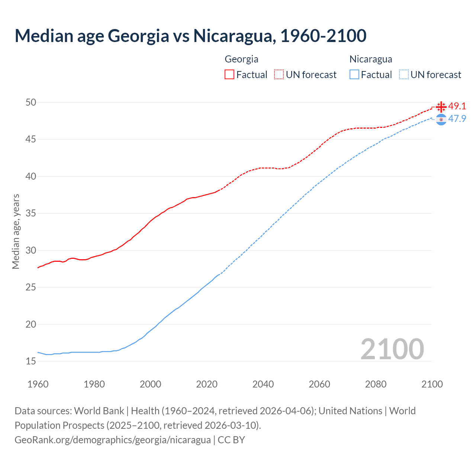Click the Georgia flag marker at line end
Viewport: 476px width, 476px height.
441,107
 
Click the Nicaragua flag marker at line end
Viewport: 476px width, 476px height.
441,119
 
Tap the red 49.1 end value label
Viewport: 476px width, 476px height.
457,106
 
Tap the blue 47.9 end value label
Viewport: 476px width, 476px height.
457,119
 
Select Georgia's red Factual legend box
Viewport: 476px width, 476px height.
229,74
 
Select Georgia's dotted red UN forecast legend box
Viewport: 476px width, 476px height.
279,74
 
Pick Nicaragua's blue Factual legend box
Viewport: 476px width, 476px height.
354,74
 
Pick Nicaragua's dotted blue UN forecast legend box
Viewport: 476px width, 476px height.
404,74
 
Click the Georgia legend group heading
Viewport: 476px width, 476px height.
241,59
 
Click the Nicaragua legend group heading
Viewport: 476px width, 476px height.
370,59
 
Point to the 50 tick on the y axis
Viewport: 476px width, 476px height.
31,102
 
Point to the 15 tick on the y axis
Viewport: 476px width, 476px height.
31,361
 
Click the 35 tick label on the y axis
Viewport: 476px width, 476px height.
31,213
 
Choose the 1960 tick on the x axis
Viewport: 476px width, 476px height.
38,384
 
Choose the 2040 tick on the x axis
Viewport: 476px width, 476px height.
263,384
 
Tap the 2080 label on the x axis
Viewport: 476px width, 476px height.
376,384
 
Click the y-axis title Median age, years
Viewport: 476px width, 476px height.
16,231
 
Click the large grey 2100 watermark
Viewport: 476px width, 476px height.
392,349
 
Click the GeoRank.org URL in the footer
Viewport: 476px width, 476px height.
112,440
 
